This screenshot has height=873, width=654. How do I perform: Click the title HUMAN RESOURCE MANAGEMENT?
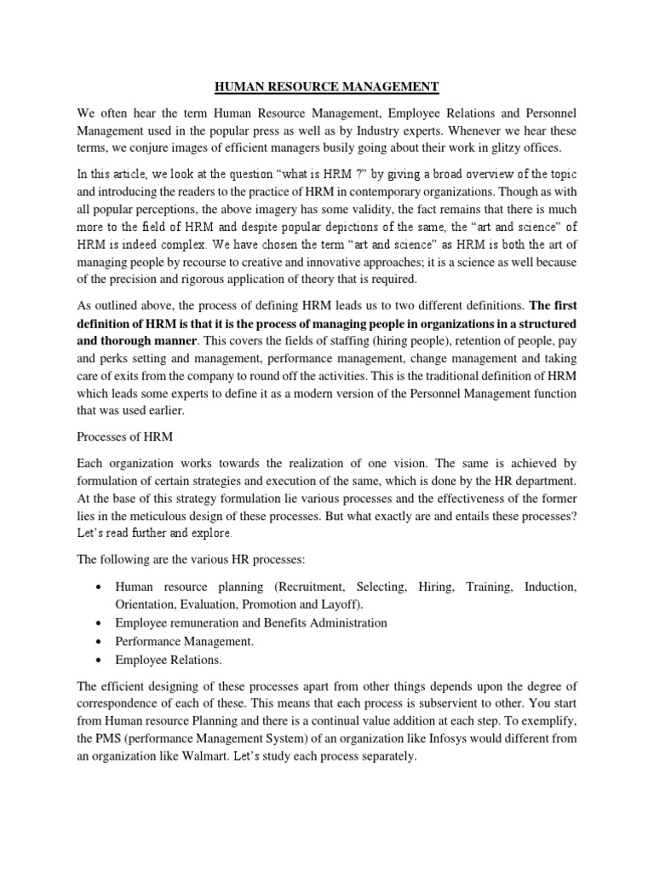(x=326, y=86)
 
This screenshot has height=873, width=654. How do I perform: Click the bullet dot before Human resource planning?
(x=100, y=588)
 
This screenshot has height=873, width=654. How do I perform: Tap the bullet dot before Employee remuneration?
(x=100, y=623)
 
